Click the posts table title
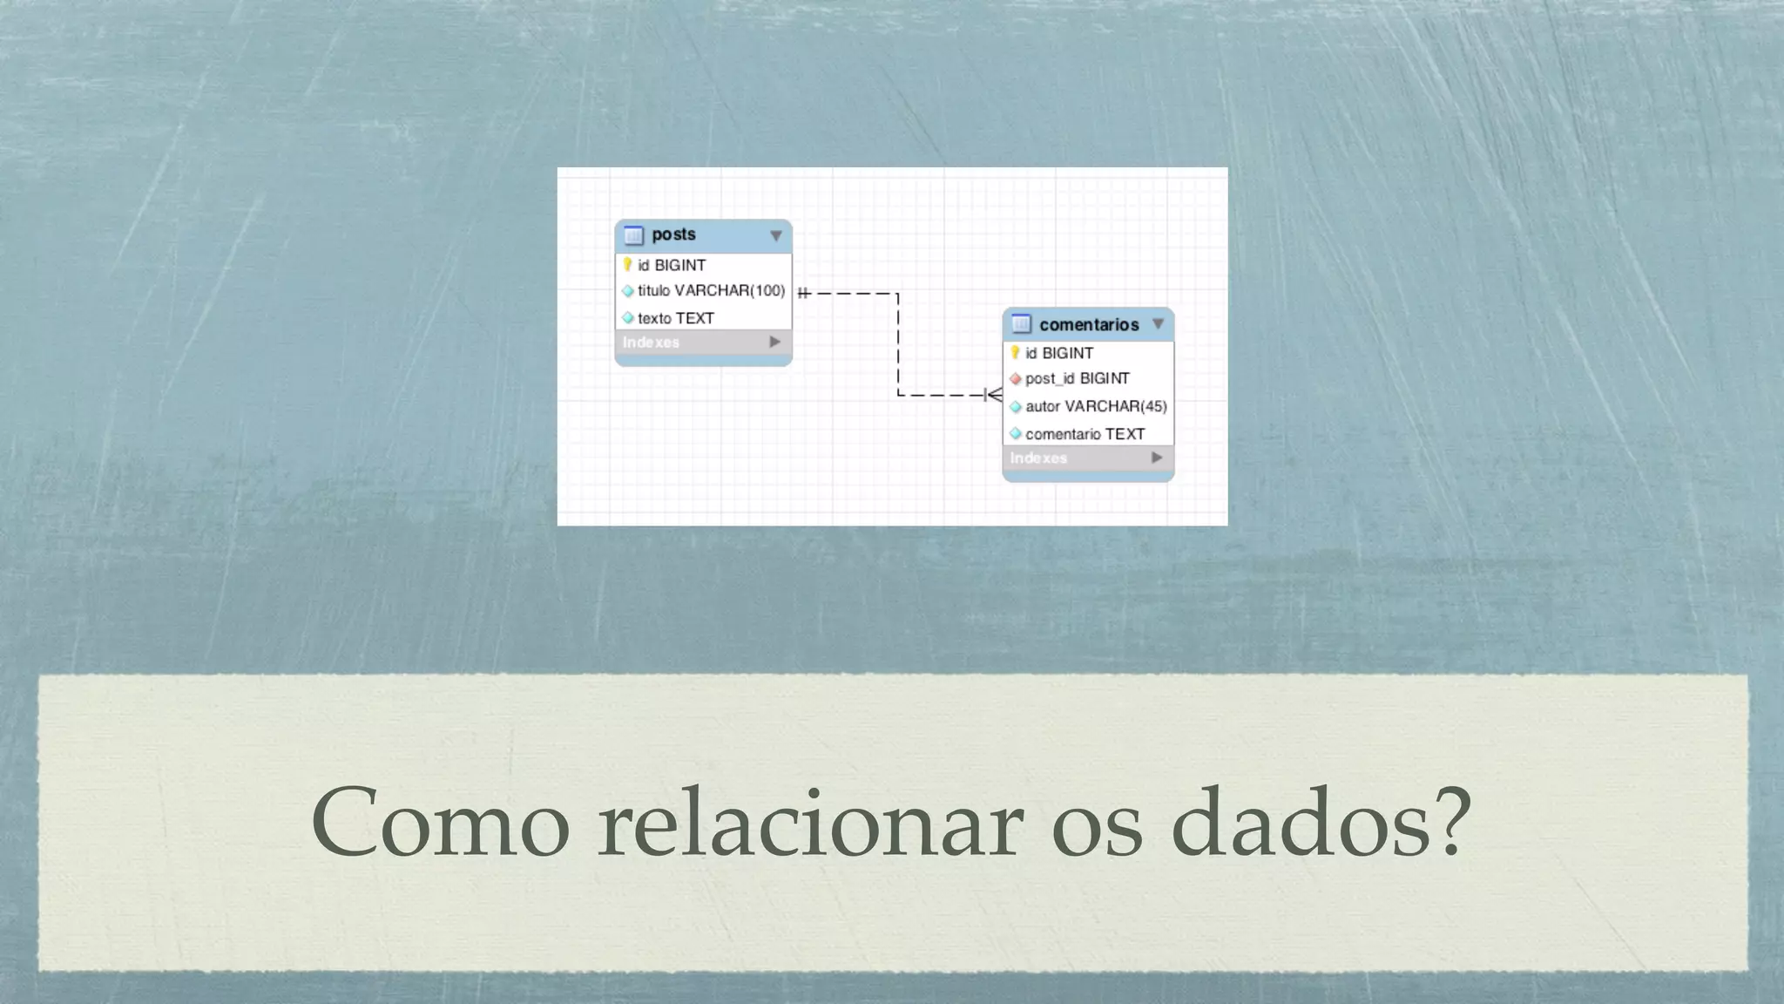pos(673,234)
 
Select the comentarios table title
pos(1089,325)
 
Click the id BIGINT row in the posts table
pos(671,265)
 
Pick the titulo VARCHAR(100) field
pos(711,291)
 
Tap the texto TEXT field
pos(675,318)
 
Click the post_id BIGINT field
pos(1077,379)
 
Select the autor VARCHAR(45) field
pos(1096,406)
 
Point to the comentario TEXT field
pos(1085,434)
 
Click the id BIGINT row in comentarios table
pos(1058,353)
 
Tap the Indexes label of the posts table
pos(651,343)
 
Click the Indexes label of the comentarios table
pos(1038,458)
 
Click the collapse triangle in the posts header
pos(775,235)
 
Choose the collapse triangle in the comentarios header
pos(1158,324)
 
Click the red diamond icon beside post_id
pos(1015,379)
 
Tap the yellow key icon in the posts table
pos(627,264)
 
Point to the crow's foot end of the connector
pos(993,396)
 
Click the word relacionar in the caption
pos(810,823)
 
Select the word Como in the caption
pos(440,823)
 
